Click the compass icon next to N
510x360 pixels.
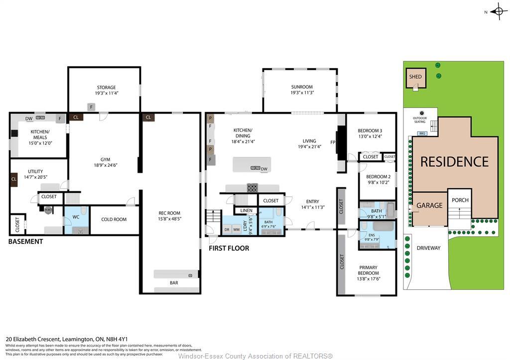pos(499,12)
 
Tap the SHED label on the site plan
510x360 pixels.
pos(415,77)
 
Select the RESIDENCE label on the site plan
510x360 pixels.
pos(454,162)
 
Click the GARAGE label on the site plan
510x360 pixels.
pos(429,205)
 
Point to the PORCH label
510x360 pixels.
pos(460,200)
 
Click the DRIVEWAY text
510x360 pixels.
pos(428,248)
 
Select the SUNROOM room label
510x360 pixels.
pos(302,87)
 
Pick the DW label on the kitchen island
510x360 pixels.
pos(264,169)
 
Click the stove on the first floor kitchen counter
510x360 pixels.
pos(253,188)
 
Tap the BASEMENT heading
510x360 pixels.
pos(25,241)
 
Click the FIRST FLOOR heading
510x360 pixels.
pos(229,248)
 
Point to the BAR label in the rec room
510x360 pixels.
pos(173,283)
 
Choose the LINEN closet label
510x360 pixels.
pos(246,211)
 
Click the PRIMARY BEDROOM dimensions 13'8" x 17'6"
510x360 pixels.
pos(369,279)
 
